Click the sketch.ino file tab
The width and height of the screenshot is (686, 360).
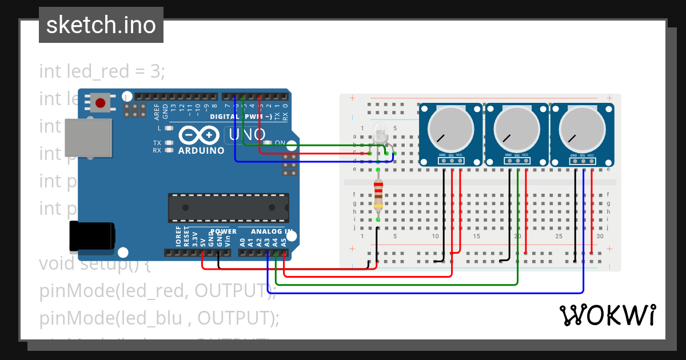point(101,25)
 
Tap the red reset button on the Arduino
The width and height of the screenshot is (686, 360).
point(101,103)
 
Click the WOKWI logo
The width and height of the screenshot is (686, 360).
point(607,315)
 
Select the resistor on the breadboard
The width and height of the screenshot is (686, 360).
point(378,194)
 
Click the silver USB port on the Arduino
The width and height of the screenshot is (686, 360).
point(87,138)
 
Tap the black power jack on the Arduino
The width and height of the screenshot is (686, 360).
point(91,237)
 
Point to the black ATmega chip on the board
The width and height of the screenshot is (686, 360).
point(228,207)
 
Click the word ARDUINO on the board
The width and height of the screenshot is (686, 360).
point(201,151)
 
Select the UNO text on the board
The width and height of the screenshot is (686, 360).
point(248,135)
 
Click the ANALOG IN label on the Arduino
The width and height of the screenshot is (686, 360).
point(273,231)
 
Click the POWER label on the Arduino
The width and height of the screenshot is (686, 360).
point(223,231)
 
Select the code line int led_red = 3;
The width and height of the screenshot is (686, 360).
point(102,71)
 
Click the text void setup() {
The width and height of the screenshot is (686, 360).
point(94,264)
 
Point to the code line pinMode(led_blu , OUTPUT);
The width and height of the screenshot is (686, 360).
point(159,318)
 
